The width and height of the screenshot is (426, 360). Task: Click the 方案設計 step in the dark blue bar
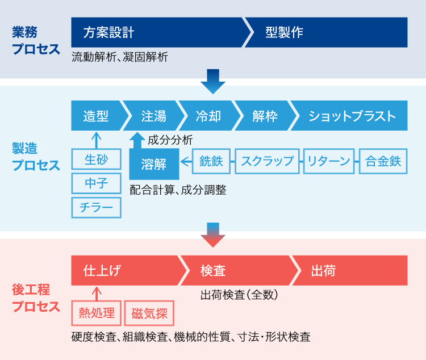tap(109, 32)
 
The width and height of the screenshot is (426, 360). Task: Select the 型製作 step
tap(284, 32)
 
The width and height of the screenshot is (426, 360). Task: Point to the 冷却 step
tap(208, 116)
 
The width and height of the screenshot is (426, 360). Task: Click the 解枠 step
tap(265, 116)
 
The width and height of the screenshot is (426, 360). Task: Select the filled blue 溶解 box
tap(154, 165)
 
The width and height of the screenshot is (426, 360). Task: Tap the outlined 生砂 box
tap(96, 160)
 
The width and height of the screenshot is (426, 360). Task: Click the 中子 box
tap(96, 183)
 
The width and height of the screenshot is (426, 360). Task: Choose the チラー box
tap(96, 207)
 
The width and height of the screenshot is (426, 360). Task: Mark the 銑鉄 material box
tap(211, 161)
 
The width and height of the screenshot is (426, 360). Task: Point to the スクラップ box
tap(267, 161)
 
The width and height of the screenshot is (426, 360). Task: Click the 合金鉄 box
tap(383, 161)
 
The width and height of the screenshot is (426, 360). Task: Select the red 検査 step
tap(214, 271)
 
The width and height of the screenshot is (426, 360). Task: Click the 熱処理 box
tap(97, 313)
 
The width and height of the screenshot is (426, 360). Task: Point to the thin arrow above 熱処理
tap(96, 293)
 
